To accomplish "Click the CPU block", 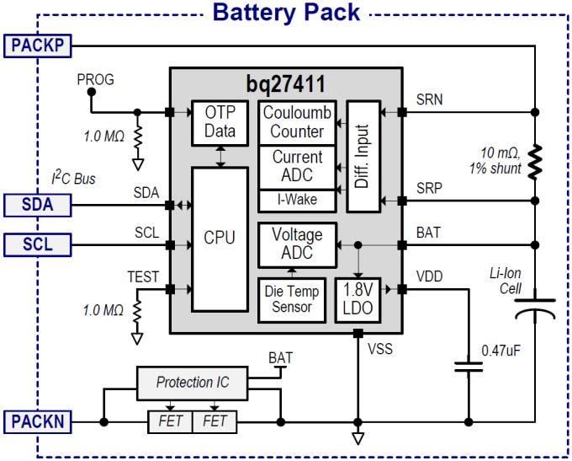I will point(220,239).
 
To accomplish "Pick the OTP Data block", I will point(220,123).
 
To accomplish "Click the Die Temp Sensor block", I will point(291,298).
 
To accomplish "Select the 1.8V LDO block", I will point(354,298).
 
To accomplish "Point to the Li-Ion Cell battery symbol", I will point(535,307).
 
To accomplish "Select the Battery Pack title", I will point(286,13).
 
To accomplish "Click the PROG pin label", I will point(95,80).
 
